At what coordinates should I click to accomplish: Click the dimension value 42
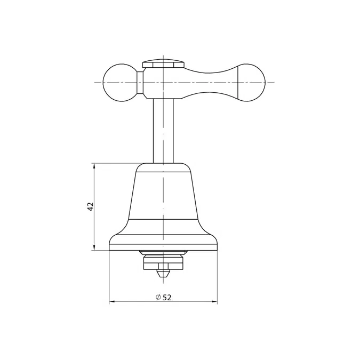91,206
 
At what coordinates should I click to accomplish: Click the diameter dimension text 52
167,297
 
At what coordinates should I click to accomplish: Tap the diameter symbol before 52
158,297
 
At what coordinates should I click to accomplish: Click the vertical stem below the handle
164,131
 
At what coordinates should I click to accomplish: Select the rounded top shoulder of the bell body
163,168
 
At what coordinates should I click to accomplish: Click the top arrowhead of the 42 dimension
95,166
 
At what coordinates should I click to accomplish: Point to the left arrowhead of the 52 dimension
112,302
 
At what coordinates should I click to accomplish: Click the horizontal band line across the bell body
163,220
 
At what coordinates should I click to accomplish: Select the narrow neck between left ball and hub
140,83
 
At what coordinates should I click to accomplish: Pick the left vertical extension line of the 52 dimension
109,277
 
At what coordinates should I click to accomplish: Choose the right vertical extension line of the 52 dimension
218,277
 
